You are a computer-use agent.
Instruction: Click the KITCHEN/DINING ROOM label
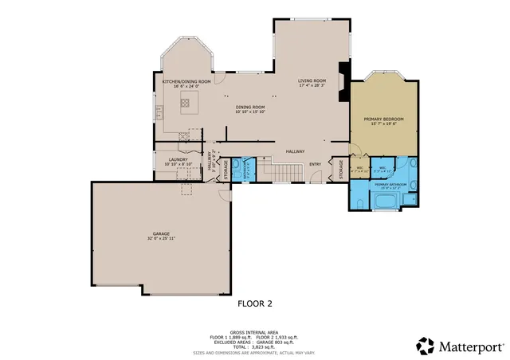(186, 81)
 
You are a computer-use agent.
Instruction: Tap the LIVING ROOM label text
(312, 80)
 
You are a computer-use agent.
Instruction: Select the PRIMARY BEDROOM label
(383, 119)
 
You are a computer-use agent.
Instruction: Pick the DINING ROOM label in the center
(249, 107)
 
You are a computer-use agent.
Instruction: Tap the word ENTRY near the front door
(316, 165)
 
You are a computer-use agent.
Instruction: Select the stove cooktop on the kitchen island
(184, 102)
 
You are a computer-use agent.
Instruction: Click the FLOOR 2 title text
(255, 303)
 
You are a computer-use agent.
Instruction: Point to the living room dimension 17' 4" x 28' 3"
(312, 85)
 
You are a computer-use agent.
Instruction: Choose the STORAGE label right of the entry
(342, 170)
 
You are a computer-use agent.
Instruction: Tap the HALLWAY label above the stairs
(296, 151)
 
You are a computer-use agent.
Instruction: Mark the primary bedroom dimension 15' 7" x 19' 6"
(383, 123)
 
